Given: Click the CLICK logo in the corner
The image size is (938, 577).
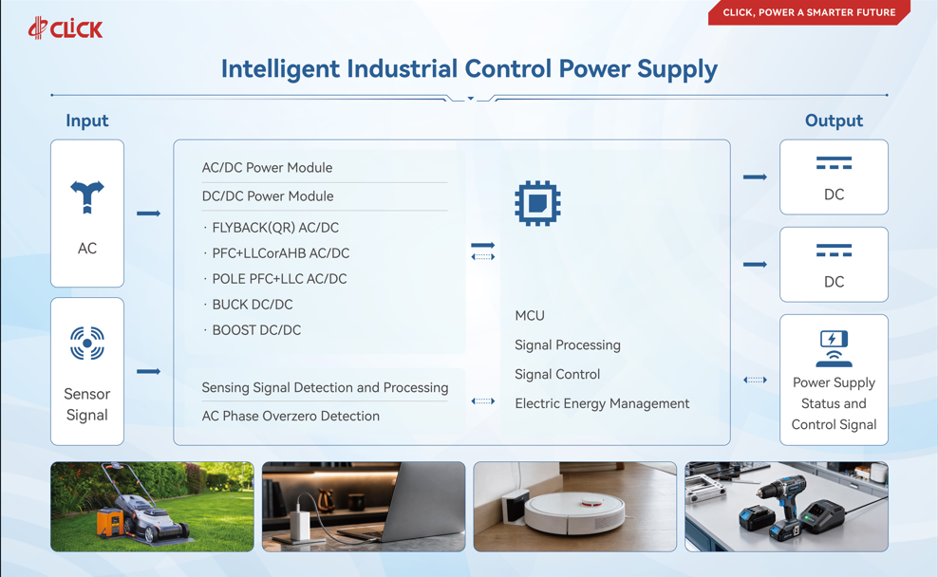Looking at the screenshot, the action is coord(66,28).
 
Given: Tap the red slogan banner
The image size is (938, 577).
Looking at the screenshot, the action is coord(809,12).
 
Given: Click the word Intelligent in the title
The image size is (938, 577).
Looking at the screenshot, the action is coord(281,69).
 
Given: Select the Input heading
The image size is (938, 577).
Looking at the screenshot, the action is coord(86,121).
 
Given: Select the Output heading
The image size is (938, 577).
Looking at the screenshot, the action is coord(834,121).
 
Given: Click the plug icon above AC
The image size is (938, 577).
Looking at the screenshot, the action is coord(87,196).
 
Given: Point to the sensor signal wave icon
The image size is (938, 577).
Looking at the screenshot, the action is coord(87,344).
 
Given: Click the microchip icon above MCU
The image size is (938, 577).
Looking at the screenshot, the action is coord(537,203).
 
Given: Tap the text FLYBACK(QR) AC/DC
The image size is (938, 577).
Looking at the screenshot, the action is coord(275,228).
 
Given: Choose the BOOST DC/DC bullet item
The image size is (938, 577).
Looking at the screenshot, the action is coord(256,330).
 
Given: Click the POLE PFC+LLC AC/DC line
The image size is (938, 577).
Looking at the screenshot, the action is coord(279,279).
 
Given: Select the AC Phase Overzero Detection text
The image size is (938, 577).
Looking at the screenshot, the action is coord(291,417).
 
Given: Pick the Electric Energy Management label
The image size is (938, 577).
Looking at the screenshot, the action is coord(602,403).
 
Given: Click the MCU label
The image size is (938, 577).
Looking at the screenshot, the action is coord(530,316).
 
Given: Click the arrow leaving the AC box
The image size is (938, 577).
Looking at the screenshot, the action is coord(148,214).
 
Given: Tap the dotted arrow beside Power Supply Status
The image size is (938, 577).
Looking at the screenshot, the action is coord(755,380).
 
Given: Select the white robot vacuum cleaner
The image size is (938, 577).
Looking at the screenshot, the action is coord(574,513).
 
